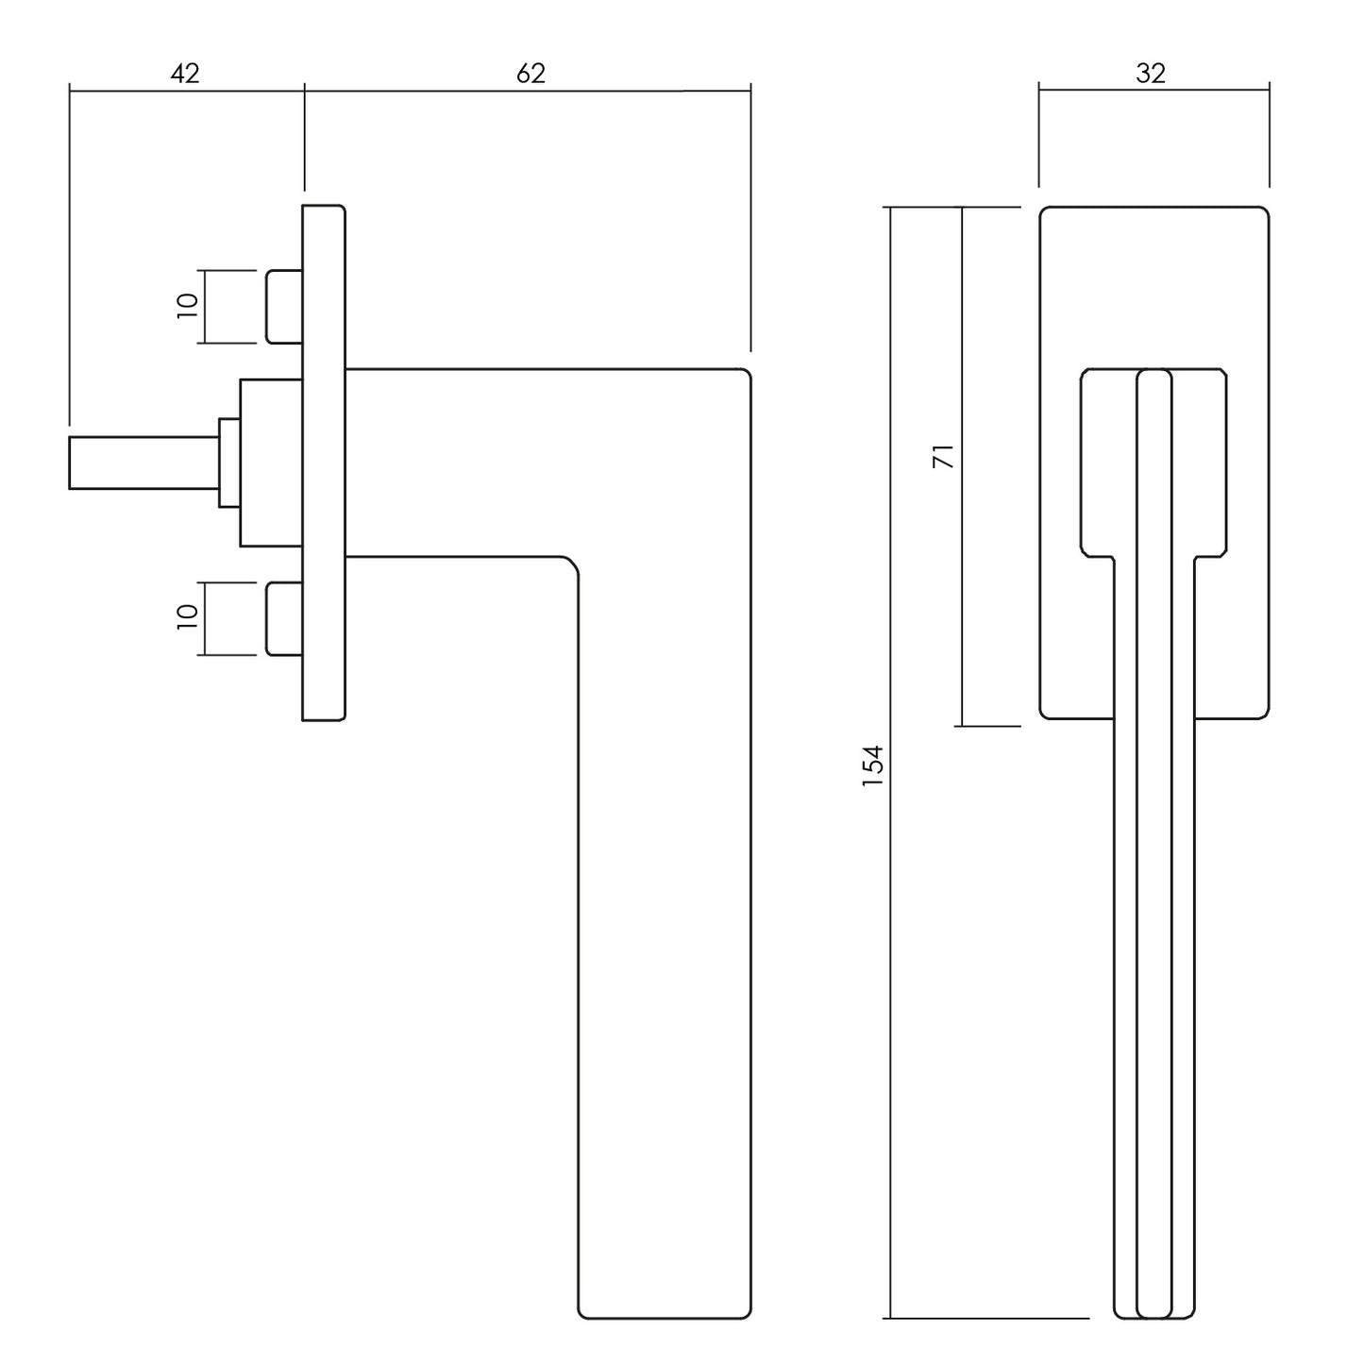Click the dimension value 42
coord(185,74)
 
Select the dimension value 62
coord(530,74)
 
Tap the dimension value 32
coord(1151,74)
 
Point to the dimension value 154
coord(873,766)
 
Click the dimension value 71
coord(944,457)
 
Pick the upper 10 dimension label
coord(188,306)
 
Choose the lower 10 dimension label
coord(188,616)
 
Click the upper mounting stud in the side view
coord(284,307)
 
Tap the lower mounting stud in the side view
coord(284,618)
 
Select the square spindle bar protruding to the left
coord(143,463)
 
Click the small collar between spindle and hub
coord(229,463)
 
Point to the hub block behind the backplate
coord(271,463)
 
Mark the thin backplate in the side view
coord(324,463)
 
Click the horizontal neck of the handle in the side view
coord(460,463)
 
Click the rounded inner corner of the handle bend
coord(572,564)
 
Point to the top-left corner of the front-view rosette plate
coord(1040,208)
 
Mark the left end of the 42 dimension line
coord(69,91)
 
